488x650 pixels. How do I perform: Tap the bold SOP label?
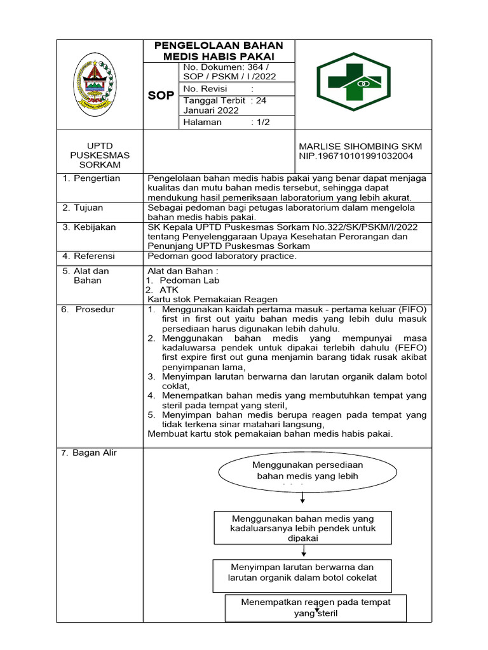(161, 95)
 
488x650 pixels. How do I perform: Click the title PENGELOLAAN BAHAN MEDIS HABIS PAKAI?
(219, 51)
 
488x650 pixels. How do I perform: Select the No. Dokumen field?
(229, 72)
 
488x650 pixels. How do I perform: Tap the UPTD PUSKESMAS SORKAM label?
(100, 156)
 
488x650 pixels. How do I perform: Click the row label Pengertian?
(96, 178)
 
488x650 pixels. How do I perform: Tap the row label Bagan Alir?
(94, 453)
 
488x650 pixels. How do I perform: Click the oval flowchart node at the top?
(308, 471)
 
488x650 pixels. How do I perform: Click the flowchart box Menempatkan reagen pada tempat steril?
(316, 607)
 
